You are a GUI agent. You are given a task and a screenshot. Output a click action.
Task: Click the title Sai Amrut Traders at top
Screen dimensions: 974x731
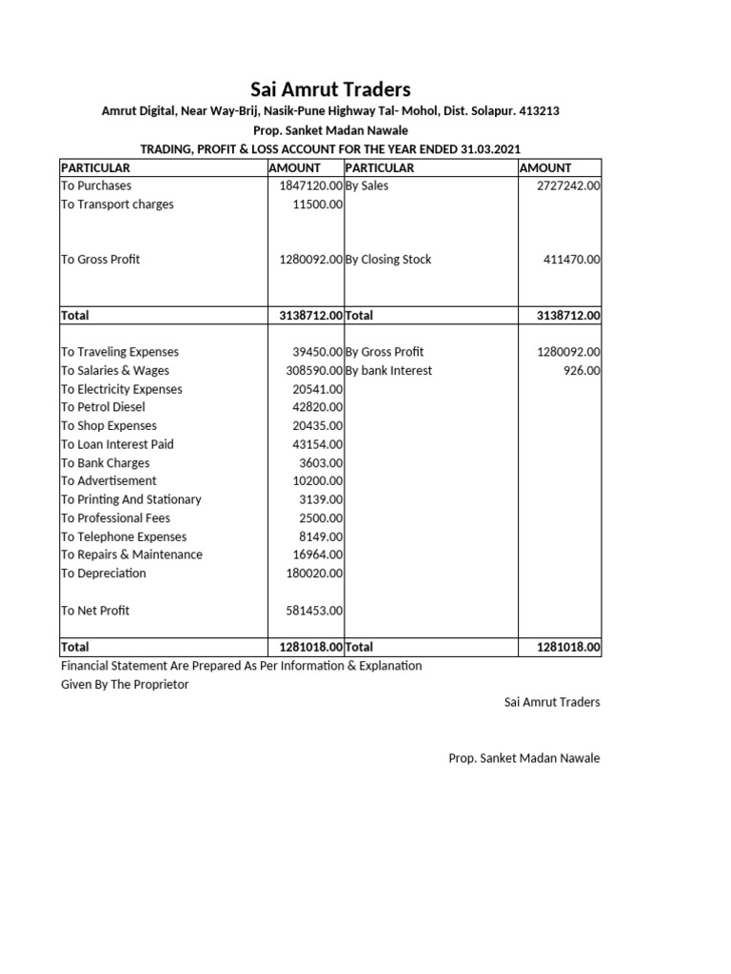point(330,89)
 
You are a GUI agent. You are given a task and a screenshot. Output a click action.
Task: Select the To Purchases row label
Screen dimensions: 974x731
point(96,186)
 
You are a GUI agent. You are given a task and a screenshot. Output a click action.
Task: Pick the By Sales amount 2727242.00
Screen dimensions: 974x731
point(569,186)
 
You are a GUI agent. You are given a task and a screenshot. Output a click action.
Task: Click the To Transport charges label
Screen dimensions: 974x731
point(117,205)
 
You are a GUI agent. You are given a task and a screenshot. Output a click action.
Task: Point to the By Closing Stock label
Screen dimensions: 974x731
point(388,260)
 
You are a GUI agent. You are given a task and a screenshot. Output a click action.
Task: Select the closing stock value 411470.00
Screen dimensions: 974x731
point(572,260)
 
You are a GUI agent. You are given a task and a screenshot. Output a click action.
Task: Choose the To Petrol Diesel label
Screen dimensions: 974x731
point(103,407)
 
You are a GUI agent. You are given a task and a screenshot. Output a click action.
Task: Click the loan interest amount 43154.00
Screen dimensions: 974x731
point(318,444)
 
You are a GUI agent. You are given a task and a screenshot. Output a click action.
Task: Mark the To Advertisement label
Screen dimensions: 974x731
point(109,481)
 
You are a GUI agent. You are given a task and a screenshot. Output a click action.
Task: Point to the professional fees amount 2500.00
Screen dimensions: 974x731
point(322,518)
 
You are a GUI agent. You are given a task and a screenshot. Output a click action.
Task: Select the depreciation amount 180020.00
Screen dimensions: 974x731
point(314,574)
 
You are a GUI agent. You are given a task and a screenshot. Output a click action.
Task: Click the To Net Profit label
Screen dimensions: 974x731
point(95,611)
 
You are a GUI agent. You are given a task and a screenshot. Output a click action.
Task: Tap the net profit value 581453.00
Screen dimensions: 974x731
point(314,611)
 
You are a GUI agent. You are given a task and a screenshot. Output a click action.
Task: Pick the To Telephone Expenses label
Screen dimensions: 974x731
point(124,536)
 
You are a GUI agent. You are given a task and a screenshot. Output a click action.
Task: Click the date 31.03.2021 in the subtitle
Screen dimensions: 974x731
point(487,149)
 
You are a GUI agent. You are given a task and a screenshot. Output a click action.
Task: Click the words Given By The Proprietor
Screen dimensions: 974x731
point(125,685)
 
